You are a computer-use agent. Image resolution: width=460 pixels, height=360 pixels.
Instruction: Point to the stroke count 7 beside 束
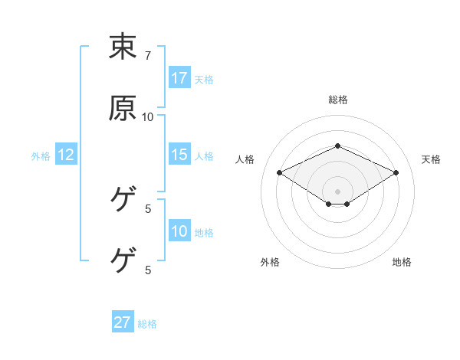pyautogui.click(x=148, y=56)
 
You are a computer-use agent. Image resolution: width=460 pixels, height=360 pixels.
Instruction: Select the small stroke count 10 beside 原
pyautogui.click(x=148, y=116)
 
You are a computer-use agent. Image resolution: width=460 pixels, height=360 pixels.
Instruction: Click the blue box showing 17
pyautogui.click(x=179, y=78)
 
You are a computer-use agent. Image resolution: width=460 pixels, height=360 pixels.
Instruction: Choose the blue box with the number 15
pyautogui.click(x=179, y=155)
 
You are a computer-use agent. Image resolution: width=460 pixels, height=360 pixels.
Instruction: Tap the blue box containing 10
pyautogui.click(x=179, y=231)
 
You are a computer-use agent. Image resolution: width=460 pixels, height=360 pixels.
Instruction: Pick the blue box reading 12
pyautogui.click(x=66, y=155)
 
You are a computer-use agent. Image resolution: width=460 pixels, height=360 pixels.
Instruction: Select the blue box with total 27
pyautogui.click(x=123, y=322)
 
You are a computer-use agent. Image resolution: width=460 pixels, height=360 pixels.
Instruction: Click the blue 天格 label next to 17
pyautogui.click(x=204, y=79)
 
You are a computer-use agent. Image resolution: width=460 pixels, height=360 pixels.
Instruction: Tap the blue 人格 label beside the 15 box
pyautogui.click(x=204, y=155)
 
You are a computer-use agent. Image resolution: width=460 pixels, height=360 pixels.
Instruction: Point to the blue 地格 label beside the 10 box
pyautogui.click(x=204, y=232)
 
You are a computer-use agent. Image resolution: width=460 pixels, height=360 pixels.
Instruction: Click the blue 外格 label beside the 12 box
pyautogui.click(x=41, y=155)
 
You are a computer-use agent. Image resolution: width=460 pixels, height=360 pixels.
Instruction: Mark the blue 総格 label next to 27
pyautogui.click(x=147, y=323)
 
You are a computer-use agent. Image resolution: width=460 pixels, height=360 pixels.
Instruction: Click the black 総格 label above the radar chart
pyautogui.click(x=338, y=100)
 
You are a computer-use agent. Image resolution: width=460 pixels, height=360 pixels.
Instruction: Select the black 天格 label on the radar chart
pyautogui.click(x=431, y=159)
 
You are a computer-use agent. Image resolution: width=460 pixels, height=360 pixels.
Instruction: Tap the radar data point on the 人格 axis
pyautogui.click(x=280, y=172)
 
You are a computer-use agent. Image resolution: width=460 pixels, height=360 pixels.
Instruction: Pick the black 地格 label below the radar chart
pyautogui.click(x=402, y=262)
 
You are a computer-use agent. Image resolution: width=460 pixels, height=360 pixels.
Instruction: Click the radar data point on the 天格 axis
pyautogui.click(x=396, y=172)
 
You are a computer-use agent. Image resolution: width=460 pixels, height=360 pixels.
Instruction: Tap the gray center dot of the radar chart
pyautogui.click(x=338, y=191)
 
